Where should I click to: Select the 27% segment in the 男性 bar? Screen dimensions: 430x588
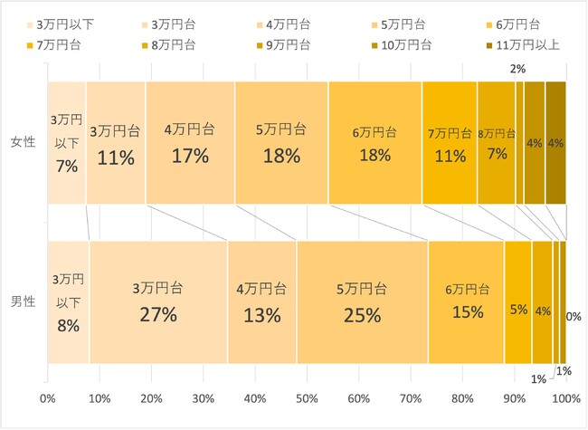[158, 302]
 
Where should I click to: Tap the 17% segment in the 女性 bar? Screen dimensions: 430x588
[190, 143]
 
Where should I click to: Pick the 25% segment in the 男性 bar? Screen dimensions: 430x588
[362, 302]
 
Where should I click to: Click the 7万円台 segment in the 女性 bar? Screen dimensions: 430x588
[450, 143]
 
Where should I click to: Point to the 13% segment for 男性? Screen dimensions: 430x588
[261, 302]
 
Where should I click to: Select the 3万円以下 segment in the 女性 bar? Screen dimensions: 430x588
[67, 143]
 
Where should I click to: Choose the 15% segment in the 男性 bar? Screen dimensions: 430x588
[466, 302]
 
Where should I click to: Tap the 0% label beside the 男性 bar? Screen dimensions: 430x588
[573, 317]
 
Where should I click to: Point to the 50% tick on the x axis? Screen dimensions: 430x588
[308, 397]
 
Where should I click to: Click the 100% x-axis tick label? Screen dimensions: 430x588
[566, 397]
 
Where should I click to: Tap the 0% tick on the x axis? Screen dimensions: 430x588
[49, 397]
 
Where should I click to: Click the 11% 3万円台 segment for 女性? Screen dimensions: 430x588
[116, 143]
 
